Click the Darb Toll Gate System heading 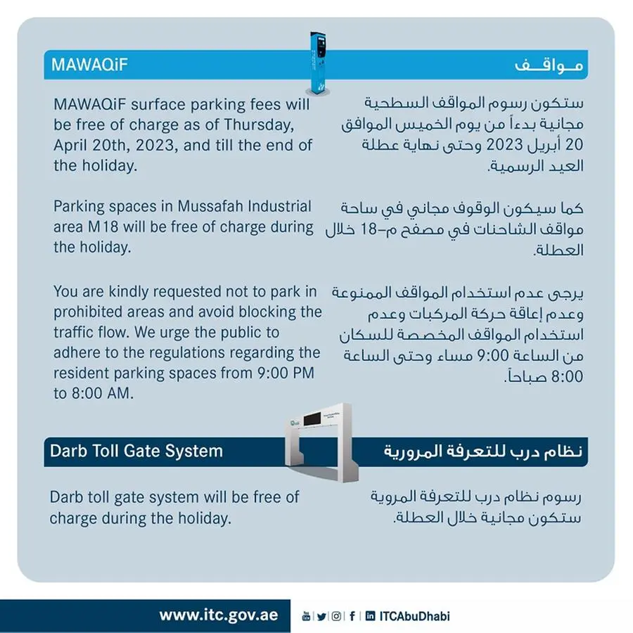(136, 450)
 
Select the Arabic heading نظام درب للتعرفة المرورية (485, 450)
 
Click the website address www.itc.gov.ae (218, 615)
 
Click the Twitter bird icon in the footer (321, 616)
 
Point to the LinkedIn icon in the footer (370, 616)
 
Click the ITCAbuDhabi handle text (414, 616)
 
